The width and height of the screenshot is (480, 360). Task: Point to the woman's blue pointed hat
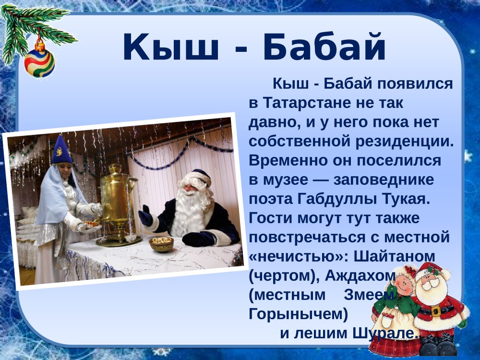click(x=61, y=150)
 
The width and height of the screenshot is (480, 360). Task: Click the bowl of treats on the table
click(x=161, y=243)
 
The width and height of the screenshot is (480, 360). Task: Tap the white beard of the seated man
click(x=190, y=211)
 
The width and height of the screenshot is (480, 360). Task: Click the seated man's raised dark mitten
click(x=145, y=216)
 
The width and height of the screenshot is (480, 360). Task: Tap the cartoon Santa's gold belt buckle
click(x=436, y=311)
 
